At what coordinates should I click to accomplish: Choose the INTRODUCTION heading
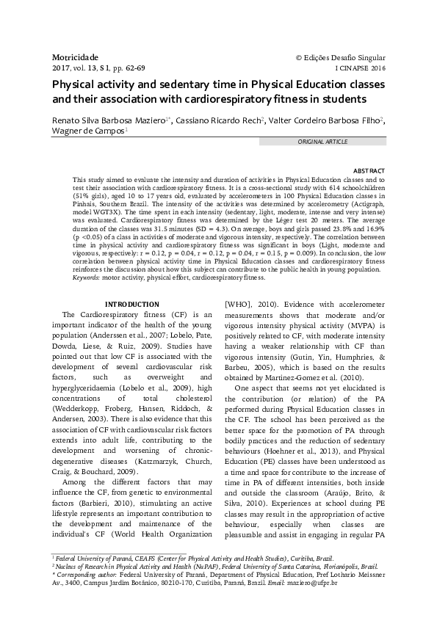point(131,304)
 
